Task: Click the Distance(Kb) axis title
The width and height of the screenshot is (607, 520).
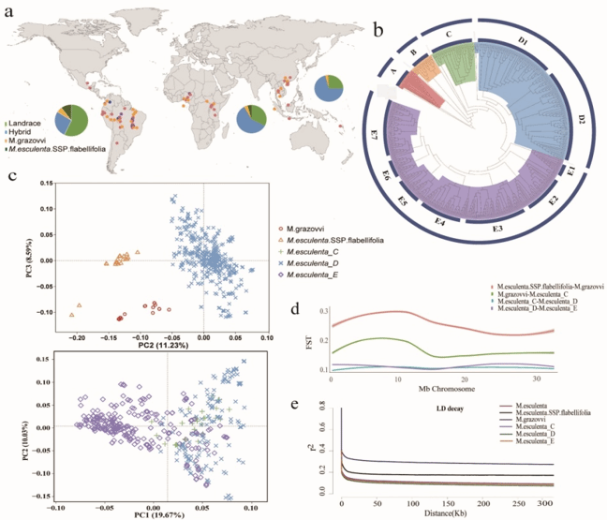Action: (446, 512)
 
